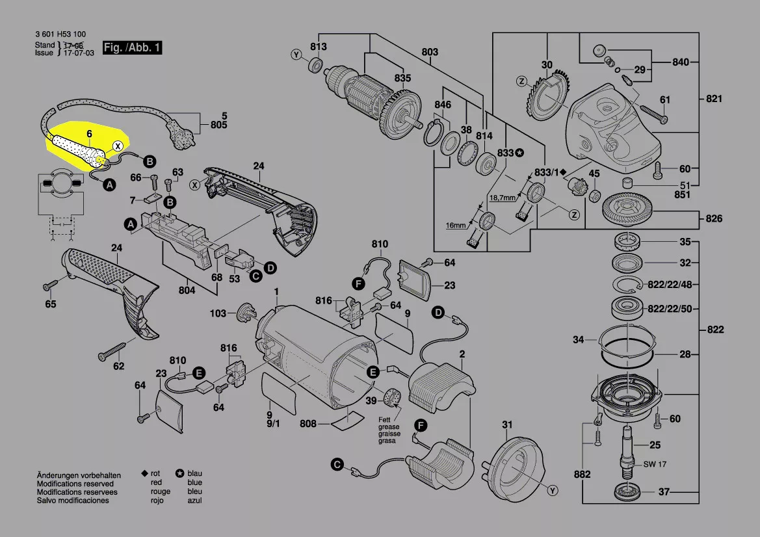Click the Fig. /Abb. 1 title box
click(132, 47)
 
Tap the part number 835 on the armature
click(402, 78)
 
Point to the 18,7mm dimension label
click(502, 198)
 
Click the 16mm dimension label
click(456, 226)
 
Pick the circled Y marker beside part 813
click(296, 55)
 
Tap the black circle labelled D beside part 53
click(270, 268)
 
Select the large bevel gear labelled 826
click(627, 212)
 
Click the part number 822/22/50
click(670, 309)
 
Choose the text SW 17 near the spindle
click(655, 464)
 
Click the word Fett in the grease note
click(385, 420)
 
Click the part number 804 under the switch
click(187, 291)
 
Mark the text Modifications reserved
click(75, 484)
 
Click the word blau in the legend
click(195, 473)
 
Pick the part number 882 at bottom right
click(582, 474)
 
